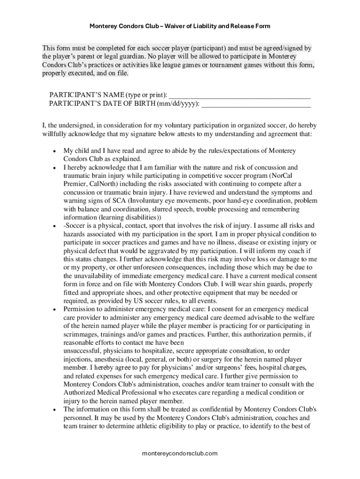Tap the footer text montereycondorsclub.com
pyautogui.click(x=180, y=453)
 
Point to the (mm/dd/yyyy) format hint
pyautogui.click(x=178, y=104)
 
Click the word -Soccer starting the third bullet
pyautogui.click(x=75, y=226)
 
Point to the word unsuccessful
pyautogui.click(x=83, y=351)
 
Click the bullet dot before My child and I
pyautogui.click(x=55, y=151)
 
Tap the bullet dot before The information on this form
pyautogui.click(x=55, y=410)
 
